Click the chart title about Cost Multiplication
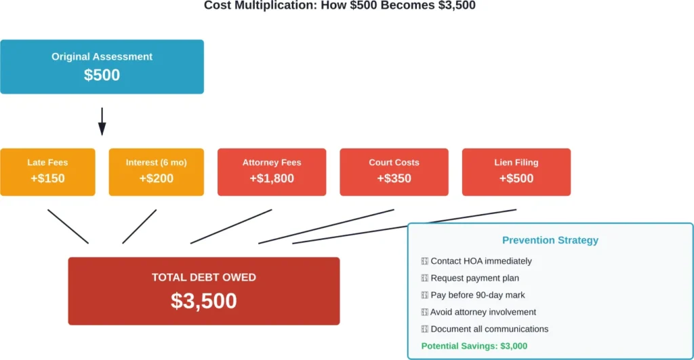340,5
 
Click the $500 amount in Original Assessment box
102,75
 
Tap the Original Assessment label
102,57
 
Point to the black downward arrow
102,122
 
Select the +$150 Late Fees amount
47,178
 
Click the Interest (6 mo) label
156,163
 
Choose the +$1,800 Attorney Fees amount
272,178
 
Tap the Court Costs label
394,163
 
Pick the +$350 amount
394,178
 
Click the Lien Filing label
516,163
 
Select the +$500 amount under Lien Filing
516,178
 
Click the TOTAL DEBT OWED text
203,277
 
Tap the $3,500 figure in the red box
203,300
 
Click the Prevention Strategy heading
550,240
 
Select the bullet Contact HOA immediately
481,261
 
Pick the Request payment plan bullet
474,278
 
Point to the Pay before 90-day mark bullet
477,295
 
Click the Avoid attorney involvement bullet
483,312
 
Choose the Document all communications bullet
489,329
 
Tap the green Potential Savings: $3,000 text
474,346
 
